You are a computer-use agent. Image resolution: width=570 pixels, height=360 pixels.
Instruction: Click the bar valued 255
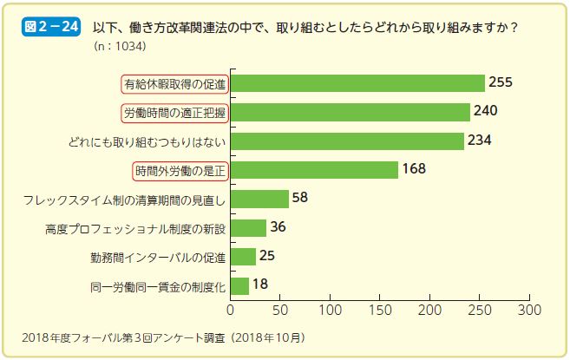(x=357, y=83)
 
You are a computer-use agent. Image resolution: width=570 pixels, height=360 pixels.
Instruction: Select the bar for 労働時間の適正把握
(x=350, y=112)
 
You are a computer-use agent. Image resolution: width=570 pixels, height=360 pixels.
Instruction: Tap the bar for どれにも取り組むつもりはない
(x=347, y=141)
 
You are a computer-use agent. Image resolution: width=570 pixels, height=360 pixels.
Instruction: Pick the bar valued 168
(x=314, y=170)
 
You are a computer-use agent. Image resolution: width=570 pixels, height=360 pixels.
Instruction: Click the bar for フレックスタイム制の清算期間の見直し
(x=259, y=199)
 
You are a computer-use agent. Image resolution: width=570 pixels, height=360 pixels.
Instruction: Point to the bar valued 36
(x=248, y=228)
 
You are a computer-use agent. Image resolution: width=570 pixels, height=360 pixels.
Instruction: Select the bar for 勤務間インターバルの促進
(x=243, y=257)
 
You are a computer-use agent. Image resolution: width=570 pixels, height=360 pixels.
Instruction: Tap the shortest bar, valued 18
(x=239, y=285)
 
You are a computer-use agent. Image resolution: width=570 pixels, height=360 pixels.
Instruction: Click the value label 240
(x=486, y=112)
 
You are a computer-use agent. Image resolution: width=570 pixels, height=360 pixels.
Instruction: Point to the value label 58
(x=300, y=199)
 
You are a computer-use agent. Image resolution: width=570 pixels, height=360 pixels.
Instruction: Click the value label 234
(x=480, y=141)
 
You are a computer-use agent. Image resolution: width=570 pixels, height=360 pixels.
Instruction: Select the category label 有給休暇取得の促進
(x=174, y=83)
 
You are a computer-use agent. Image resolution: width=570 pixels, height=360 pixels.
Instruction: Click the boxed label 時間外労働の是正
(x=180, y=170)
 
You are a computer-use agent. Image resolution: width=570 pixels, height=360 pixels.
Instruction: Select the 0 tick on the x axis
(x=231, y=309)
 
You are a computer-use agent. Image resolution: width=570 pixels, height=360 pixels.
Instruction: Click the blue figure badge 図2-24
(x=51, y=27)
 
